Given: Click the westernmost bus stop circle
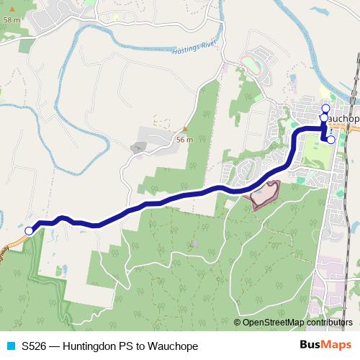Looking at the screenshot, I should [x=29, y=231].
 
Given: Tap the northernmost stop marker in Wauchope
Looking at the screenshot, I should [x=325, y=109].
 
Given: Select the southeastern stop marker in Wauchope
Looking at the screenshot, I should [x=330, y=140].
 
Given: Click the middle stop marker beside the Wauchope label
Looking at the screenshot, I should [x=324, y=118].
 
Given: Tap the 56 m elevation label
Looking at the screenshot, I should [x=184, y=140].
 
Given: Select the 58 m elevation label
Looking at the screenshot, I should [x=11, y=20].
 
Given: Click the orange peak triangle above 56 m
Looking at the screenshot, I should [x=184, y=130].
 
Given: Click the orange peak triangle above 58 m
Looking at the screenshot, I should [x=12, y=11].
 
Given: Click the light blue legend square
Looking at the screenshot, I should [x=11, y=346].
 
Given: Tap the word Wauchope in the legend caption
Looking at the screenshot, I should [x=173, y=346].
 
